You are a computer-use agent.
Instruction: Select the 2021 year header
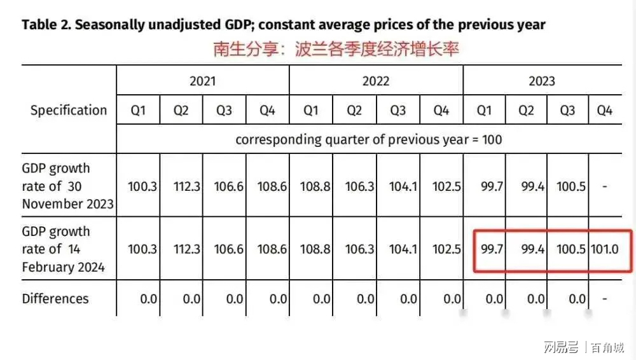(x=202, y=81)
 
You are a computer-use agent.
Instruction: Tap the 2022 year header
(x=375, y=81)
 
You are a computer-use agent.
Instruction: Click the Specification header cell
(x=69, y=110)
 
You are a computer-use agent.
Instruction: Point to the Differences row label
(x=55, y=299)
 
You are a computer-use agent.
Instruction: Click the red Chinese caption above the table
(x=336, y=50)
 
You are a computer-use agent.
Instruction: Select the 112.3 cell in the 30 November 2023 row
(x=187, y=187)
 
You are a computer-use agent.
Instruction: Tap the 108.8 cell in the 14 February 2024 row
(x=315, y=249)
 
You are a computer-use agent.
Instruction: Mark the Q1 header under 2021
(x=138, y=111)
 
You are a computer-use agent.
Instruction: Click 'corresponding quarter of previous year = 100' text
(x=368, y=139)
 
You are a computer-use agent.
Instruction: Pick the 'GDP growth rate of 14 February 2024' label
(x=63, y=249)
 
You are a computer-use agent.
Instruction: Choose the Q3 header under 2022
(x=397, y=111)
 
